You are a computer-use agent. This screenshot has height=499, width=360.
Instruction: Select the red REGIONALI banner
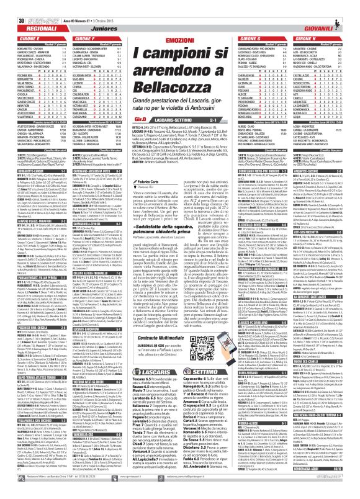point(32,19)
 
